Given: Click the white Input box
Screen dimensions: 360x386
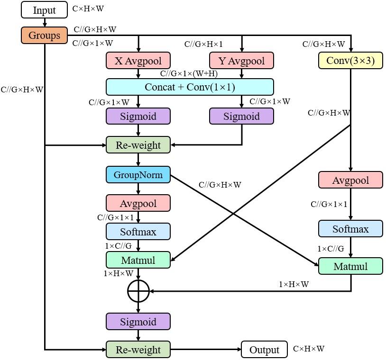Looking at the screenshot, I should [x=45, y=10].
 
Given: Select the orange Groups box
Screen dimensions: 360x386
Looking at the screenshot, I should [x=45, y=36].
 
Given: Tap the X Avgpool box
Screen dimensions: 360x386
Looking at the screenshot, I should [x=138, y=61].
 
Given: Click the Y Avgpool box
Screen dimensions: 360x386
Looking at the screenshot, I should [x=241, y=61].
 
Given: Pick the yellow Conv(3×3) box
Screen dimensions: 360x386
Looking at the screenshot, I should [x=350, y=61].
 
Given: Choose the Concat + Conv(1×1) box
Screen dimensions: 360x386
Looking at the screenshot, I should [x=190, y=87].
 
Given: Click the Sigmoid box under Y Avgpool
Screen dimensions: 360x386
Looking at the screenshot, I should [x=241, y=117].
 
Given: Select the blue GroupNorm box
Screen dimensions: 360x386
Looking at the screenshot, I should [x=138, y=175].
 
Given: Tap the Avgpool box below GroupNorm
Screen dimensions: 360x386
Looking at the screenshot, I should [x=138, y=203].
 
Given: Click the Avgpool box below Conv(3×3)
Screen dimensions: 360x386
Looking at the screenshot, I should [x=350, y=180].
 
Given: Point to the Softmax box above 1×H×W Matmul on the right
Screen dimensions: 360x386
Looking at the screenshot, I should [x=350, y=229].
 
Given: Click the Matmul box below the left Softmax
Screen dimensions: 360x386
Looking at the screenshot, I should [x=138, y=260].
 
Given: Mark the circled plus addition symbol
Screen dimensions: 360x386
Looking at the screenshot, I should [x=138, y=291].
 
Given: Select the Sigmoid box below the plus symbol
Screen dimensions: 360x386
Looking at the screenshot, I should [x=138, y=322].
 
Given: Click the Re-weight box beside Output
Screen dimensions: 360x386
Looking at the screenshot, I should [x=138, y=350].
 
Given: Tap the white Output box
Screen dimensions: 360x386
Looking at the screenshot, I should [x=264, y=350].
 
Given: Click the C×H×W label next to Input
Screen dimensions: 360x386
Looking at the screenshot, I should [x=88, y=9].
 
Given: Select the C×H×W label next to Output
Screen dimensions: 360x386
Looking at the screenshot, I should [x=309, y=349].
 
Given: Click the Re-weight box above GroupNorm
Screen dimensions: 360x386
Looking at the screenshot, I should [x=138, y=145].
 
